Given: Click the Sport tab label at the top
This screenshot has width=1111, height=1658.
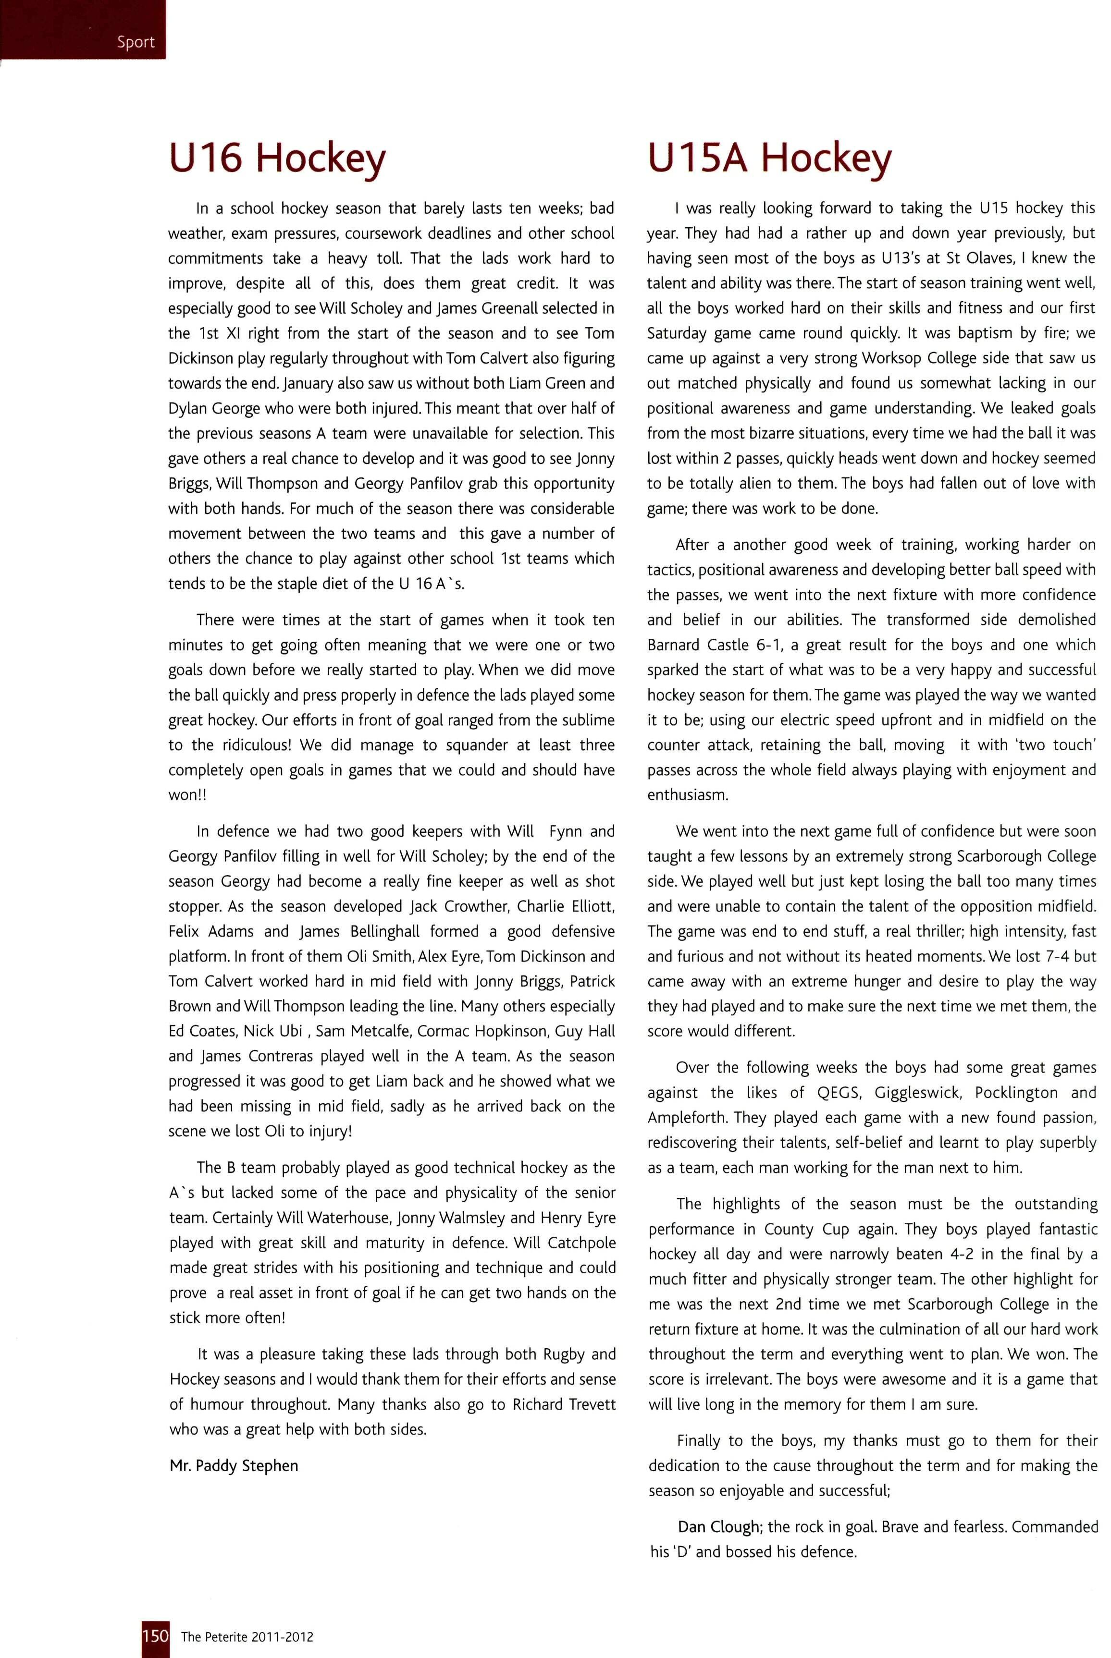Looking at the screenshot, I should point(136,42).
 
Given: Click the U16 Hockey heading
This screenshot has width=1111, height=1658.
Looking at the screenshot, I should point(277,158).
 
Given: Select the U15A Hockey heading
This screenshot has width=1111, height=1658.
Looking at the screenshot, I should point(769,158).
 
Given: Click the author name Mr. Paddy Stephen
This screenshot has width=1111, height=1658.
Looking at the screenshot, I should point(234,1465).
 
